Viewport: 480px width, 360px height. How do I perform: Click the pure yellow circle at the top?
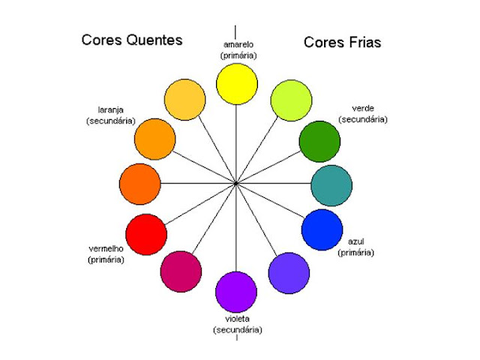click(x=236, y=83)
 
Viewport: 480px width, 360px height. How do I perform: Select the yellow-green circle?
click(x=289, y=100)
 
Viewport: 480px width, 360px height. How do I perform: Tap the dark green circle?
click(x=319, y=140)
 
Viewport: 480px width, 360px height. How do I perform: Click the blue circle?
click(x=322, y=229)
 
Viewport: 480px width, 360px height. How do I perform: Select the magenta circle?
click(x=181, y=271)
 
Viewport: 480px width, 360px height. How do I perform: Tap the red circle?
click(x=146, y=234)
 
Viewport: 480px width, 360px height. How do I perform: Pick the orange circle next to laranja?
click(x=154, y=138)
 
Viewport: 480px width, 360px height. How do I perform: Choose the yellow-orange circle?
click(x=184, y=100)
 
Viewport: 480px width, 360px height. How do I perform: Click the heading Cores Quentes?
click(x=132, y=40)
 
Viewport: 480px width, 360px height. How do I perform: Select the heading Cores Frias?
click(x=342, y=43)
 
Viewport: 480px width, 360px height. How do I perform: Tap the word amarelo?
click(x=237, y=44)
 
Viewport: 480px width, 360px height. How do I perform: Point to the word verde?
click(x=362, y=108)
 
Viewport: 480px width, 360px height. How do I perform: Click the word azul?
click(x=356, y=241)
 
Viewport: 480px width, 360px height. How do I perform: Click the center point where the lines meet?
click(x=235, y=183)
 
